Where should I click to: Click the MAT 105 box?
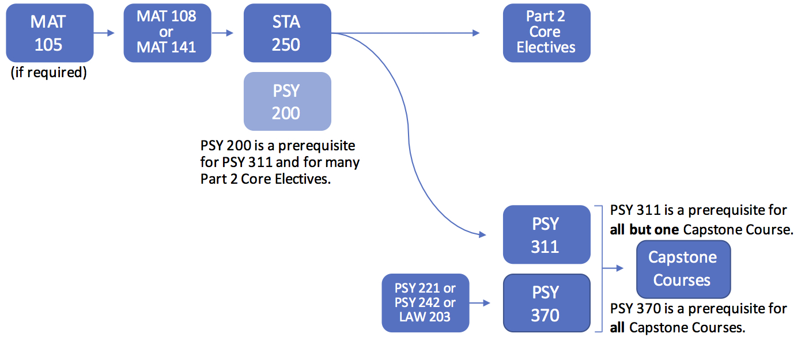(49, 33)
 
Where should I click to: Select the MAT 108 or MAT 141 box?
(167, 33)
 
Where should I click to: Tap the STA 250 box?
(287, 33)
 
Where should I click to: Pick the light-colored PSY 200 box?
(287, 101)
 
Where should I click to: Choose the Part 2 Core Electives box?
(546, 33)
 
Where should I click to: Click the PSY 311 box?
(546, 235)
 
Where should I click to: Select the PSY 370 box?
(546, 303)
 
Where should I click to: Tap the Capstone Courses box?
(683, 269)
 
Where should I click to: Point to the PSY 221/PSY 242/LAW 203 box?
(425, 303)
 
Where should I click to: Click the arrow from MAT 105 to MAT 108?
(104, 33)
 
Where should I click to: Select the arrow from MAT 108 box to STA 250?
(222, 33)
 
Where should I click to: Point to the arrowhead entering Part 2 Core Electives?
(476, 33)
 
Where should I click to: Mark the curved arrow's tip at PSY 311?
(482, 234)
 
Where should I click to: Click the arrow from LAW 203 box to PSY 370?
(480, 303)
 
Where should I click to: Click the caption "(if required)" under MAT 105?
(49, 73)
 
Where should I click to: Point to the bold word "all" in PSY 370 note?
(618, 328)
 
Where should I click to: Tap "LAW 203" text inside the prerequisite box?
(425, 316)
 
